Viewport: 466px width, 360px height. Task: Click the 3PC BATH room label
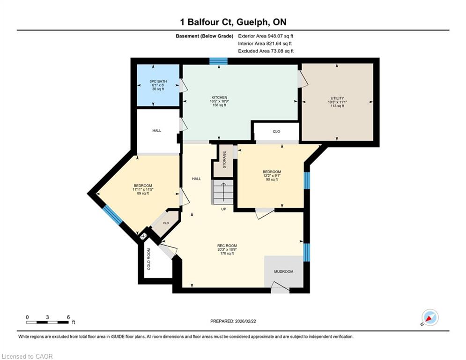(x=158, y=81)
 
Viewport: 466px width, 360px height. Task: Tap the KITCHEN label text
(x=219, y=97)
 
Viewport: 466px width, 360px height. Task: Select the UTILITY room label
(x=337, y=98)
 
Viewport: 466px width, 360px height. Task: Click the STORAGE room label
(x=224, y=159)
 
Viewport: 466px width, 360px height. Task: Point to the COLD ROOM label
(x=149, y=259)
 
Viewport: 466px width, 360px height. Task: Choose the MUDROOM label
(x=283, y=271)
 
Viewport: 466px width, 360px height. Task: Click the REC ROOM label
(x=227, y=246)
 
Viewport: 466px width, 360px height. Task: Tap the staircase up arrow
(x=222, y=192)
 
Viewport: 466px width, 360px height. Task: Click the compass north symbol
(x=430, y=317)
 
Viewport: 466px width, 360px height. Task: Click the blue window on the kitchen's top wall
(x=218, y=61)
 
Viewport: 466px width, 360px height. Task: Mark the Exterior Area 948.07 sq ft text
(x=266, y=36)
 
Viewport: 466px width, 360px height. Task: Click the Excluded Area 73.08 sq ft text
(x=266, y=51)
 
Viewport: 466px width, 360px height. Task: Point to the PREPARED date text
(x=233, y=321)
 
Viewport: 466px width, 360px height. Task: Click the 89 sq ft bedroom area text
(x=143, y=194)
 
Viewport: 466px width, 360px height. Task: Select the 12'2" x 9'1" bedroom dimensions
(x=272, y=175)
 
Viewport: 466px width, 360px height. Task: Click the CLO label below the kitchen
(x=276, y=131)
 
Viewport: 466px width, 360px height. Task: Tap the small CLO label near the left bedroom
(x=166, y=223)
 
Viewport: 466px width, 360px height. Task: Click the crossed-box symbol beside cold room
(x=143, y=237)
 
